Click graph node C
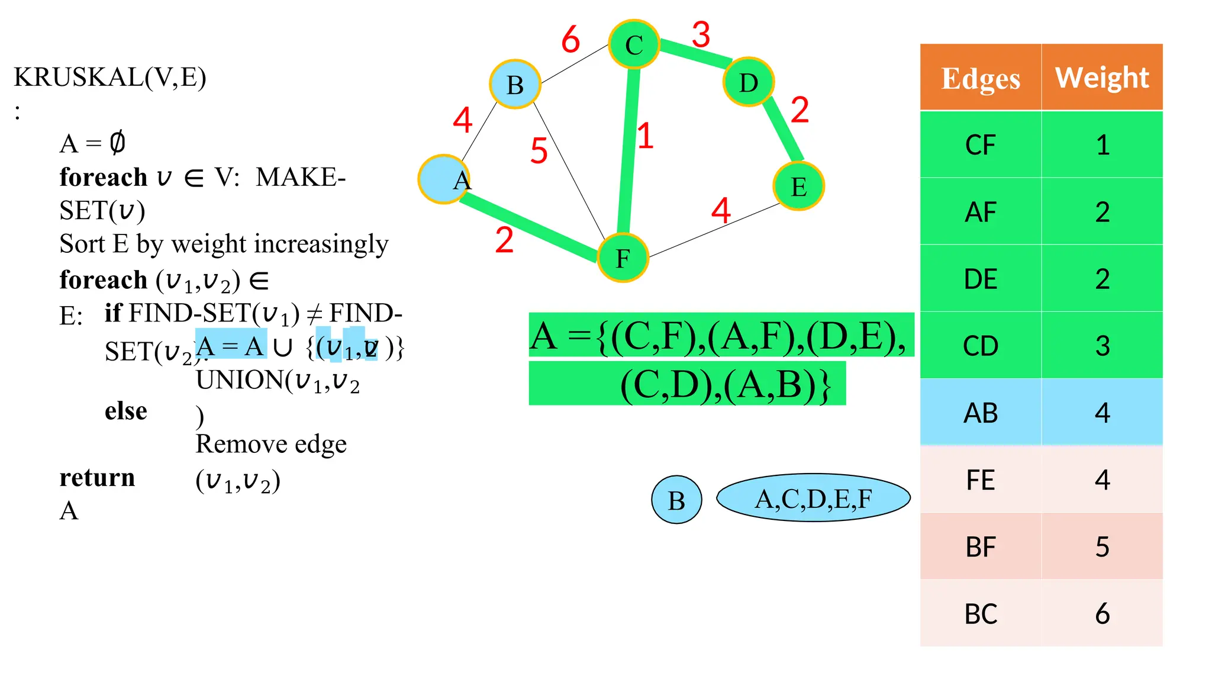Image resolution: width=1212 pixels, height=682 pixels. click(634, 44)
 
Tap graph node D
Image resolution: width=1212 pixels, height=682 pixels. click(749, 82)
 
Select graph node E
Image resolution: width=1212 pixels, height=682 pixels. click(798, 186)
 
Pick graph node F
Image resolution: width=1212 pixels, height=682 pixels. click(623, 258)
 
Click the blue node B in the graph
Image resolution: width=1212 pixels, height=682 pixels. click(515, 85)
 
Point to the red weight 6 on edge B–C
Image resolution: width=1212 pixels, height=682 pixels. click(570, 40)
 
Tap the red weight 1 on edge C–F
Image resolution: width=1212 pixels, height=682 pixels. click(645, 136)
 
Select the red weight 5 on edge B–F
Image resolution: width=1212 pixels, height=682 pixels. click(539, 150)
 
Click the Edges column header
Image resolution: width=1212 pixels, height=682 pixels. click(981, 78)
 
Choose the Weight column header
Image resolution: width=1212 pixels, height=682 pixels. click(1102, 78)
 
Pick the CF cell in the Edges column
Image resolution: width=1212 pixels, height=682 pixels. click(981, 145)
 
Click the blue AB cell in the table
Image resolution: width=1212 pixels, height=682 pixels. click(981, 413)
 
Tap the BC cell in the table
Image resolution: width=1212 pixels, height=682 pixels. click(981, 614)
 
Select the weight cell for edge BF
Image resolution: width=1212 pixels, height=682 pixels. click(1102, 547)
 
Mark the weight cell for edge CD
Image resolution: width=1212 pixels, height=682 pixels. click(1102, 346)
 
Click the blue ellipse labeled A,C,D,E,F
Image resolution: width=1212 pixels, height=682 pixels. click(813, 498)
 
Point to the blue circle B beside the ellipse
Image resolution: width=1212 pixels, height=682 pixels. click(676, 500)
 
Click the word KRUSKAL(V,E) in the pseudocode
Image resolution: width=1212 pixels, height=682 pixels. click(110, 77)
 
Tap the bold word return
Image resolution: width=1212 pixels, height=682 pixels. click(97, 477)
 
